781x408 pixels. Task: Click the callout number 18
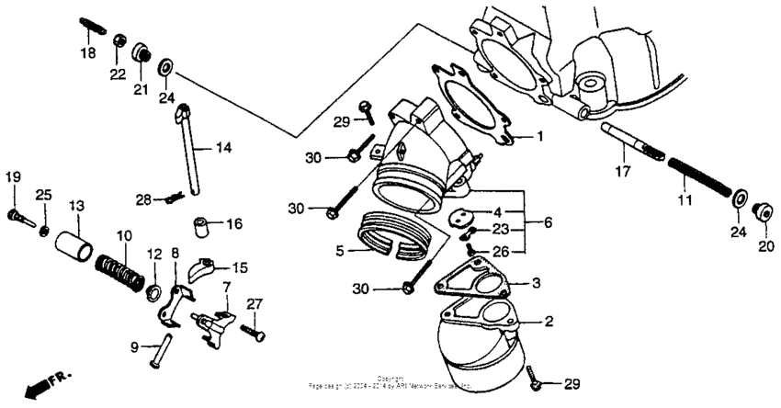tap(87, 54)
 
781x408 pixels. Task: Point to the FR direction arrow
tap(45, 383)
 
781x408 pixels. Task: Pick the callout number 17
tap(622, 171)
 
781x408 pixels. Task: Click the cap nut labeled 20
tap(762, 213)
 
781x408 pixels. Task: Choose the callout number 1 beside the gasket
tap(540, 136)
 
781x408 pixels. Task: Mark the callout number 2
tap(549, 322)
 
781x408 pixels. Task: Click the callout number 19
tap(14, 176)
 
